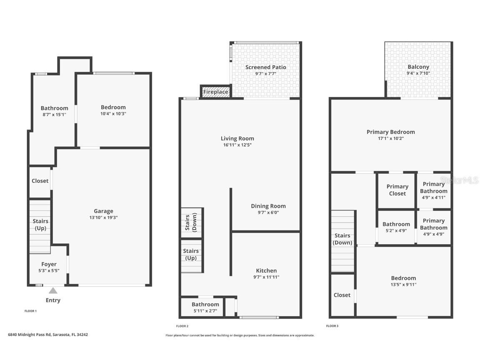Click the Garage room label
coord(103,211)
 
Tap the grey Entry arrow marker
coord(53,291)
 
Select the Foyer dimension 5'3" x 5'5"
coord(49,270)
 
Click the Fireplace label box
coord(215,92)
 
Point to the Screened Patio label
coord(265,67)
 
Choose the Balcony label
coord(418,67)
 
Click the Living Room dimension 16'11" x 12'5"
coord(237,145)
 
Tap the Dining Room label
coord(268,206)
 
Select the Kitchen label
coord(266,270)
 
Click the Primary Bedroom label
coord(390,132)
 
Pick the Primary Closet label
coord(397,190)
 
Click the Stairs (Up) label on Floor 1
coord(40,225)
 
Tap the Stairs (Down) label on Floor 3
coord(342,239)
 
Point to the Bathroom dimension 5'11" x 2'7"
coord(205,311)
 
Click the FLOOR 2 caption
coord(182,326)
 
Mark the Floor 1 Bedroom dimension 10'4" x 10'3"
coord(113,114)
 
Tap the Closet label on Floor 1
coord(40,181)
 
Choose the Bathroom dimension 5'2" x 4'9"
coord(396,230)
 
